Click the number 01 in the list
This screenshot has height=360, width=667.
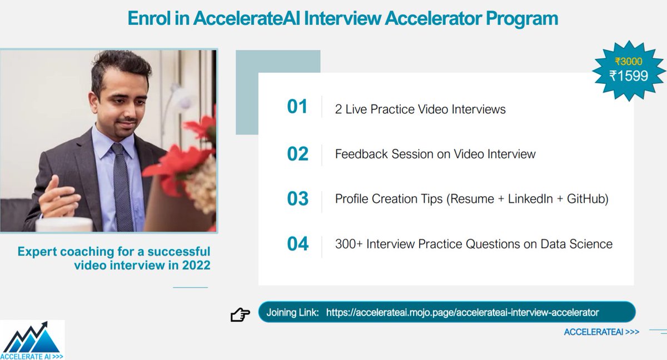297,106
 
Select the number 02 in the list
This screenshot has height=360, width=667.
297,154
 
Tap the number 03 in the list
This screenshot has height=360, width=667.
297,198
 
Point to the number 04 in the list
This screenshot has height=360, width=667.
297,243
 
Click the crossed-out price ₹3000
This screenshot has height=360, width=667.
628,62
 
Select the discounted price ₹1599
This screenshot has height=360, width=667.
629,76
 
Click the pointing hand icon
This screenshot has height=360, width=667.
240,315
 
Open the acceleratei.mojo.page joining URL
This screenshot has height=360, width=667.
462,312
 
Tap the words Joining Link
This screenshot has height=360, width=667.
292,312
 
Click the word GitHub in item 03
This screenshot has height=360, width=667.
587,199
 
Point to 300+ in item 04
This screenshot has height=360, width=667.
349,244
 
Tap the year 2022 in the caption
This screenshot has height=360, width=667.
196,265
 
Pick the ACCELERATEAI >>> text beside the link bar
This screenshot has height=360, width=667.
601,332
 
